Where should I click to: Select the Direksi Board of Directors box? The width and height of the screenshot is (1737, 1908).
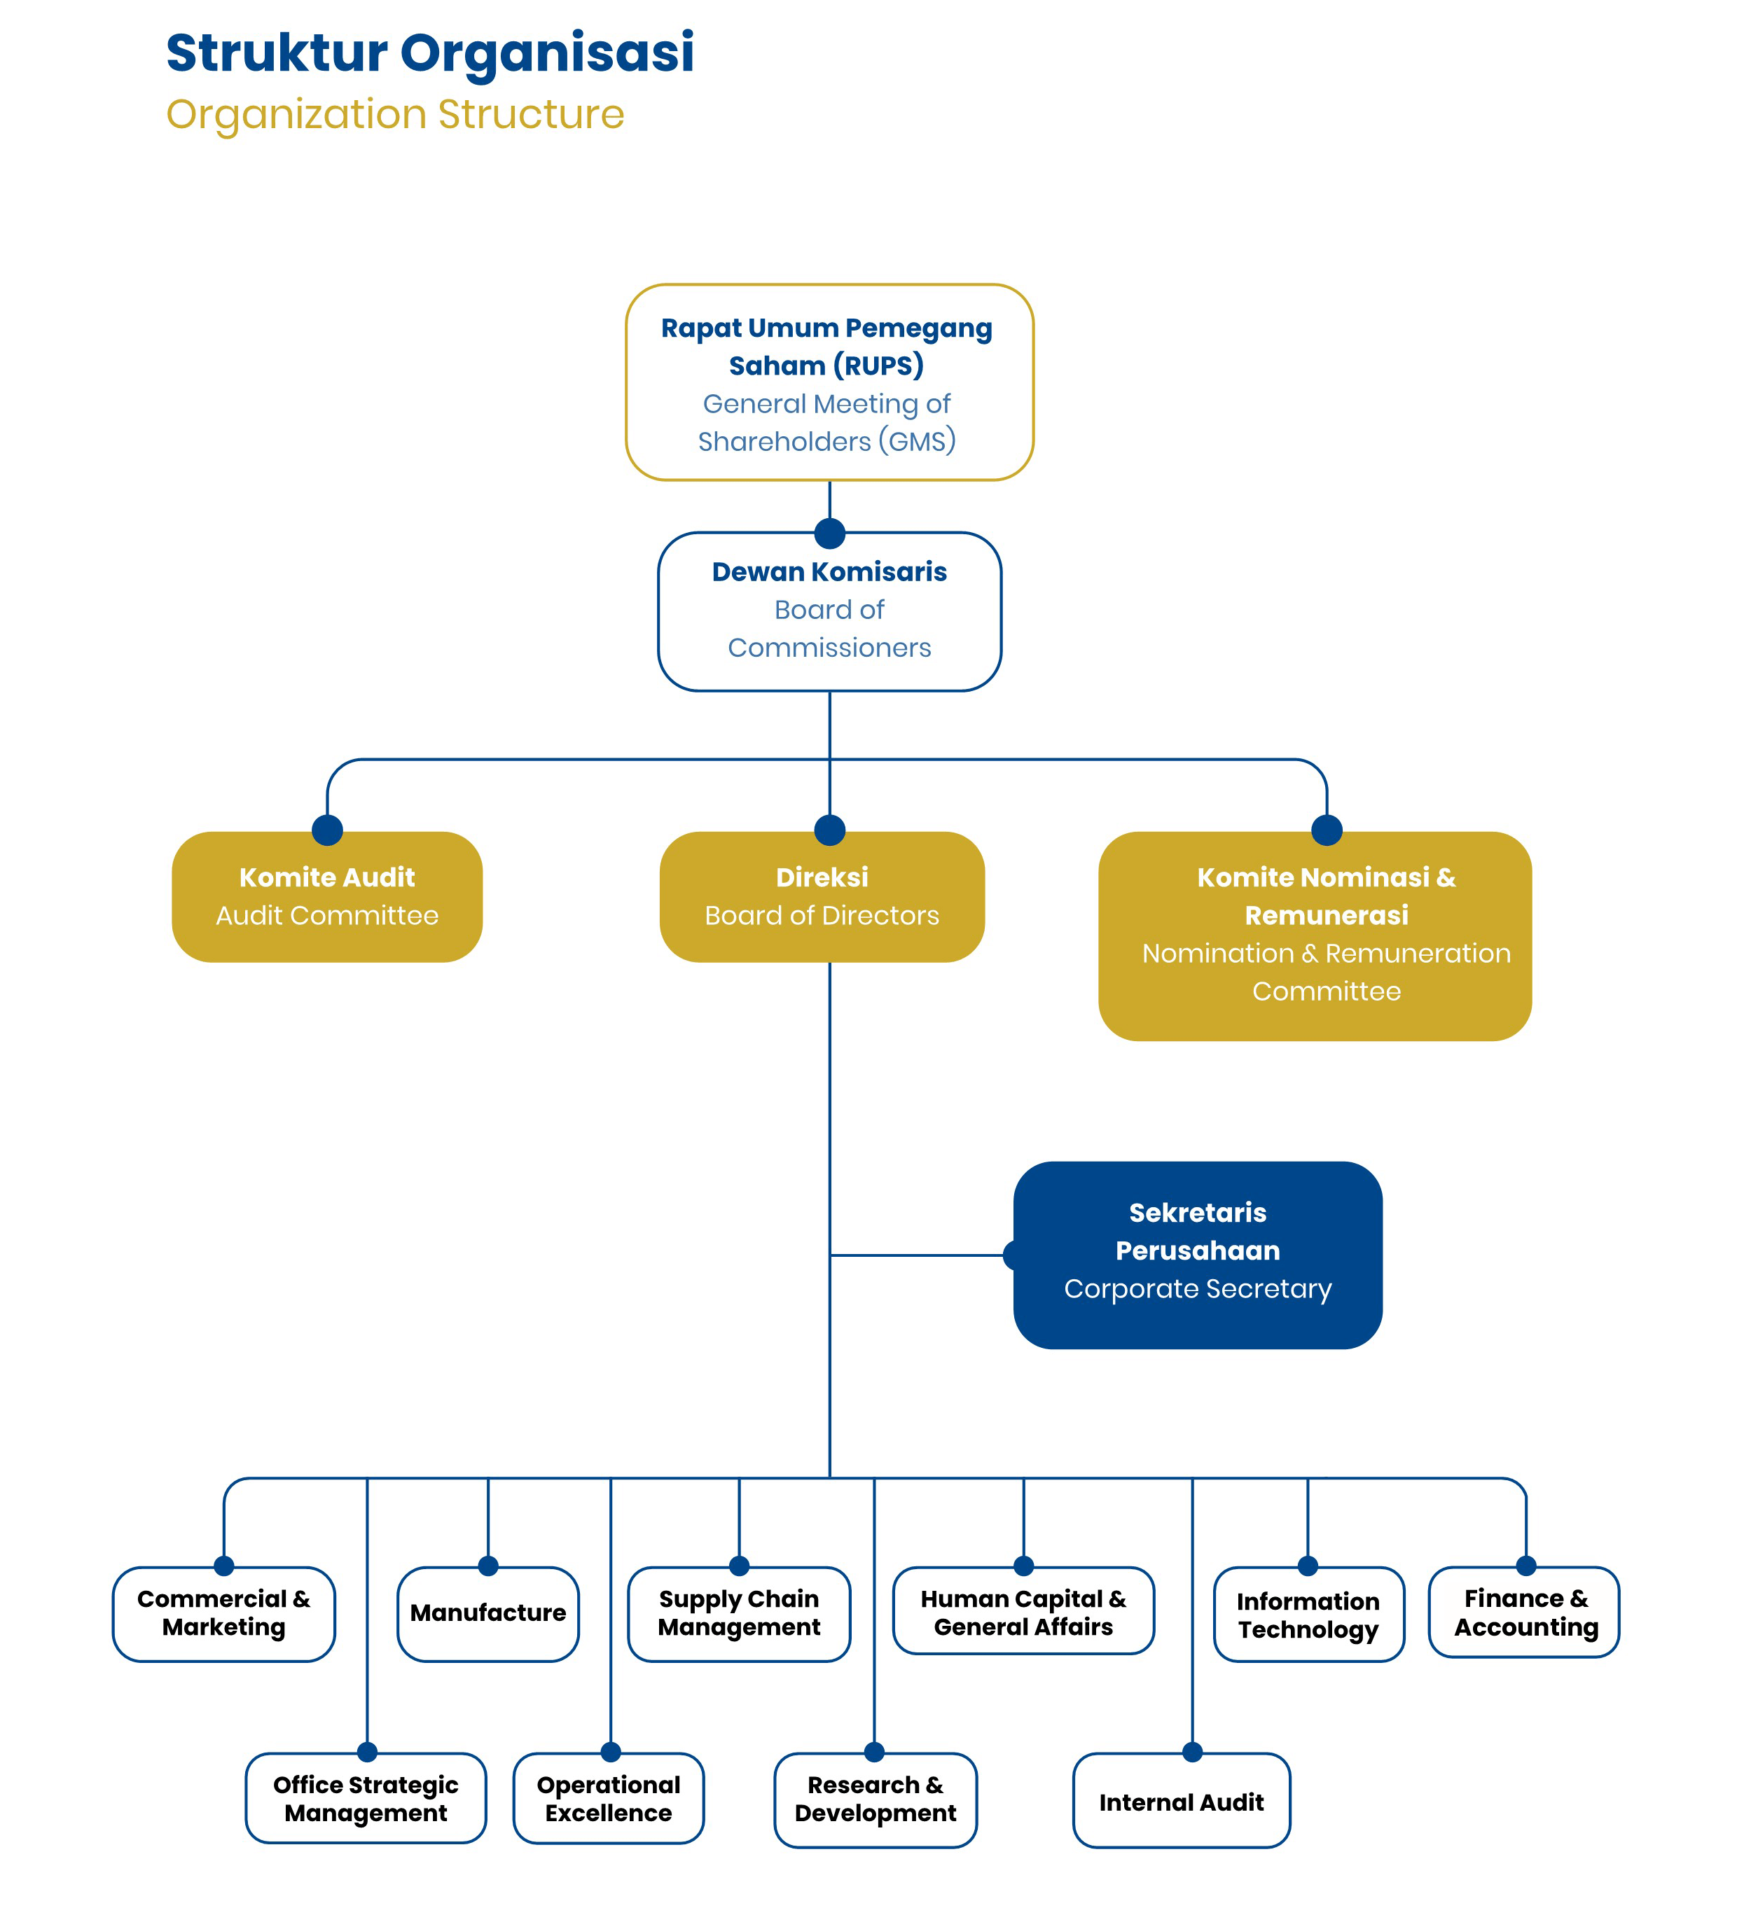822,897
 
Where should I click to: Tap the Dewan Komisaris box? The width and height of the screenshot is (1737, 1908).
829,611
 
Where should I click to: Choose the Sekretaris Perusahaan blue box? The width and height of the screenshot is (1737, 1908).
1198,1255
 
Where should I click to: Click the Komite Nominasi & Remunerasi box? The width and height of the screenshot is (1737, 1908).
1315,936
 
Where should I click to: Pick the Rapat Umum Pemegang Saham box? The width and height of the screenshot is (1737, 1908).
829,383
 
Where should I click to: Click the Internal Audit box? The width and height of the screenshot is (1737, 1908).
1182,1800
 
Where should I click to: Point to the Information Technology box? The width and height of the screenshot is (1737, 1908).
1308,1615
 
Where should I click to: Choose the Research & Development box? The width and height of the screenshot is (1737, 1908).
876,1800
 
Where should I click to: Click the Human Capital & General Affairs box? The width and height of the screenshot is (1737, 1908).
1023,1612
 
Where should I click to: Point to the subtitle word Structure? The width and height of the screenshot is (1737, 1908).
530,115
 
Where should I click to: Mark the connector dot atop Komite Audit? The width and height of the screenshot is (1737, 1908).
328,830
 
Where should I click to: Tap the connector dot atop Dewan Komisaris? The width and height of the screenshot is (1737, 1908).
830,533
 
